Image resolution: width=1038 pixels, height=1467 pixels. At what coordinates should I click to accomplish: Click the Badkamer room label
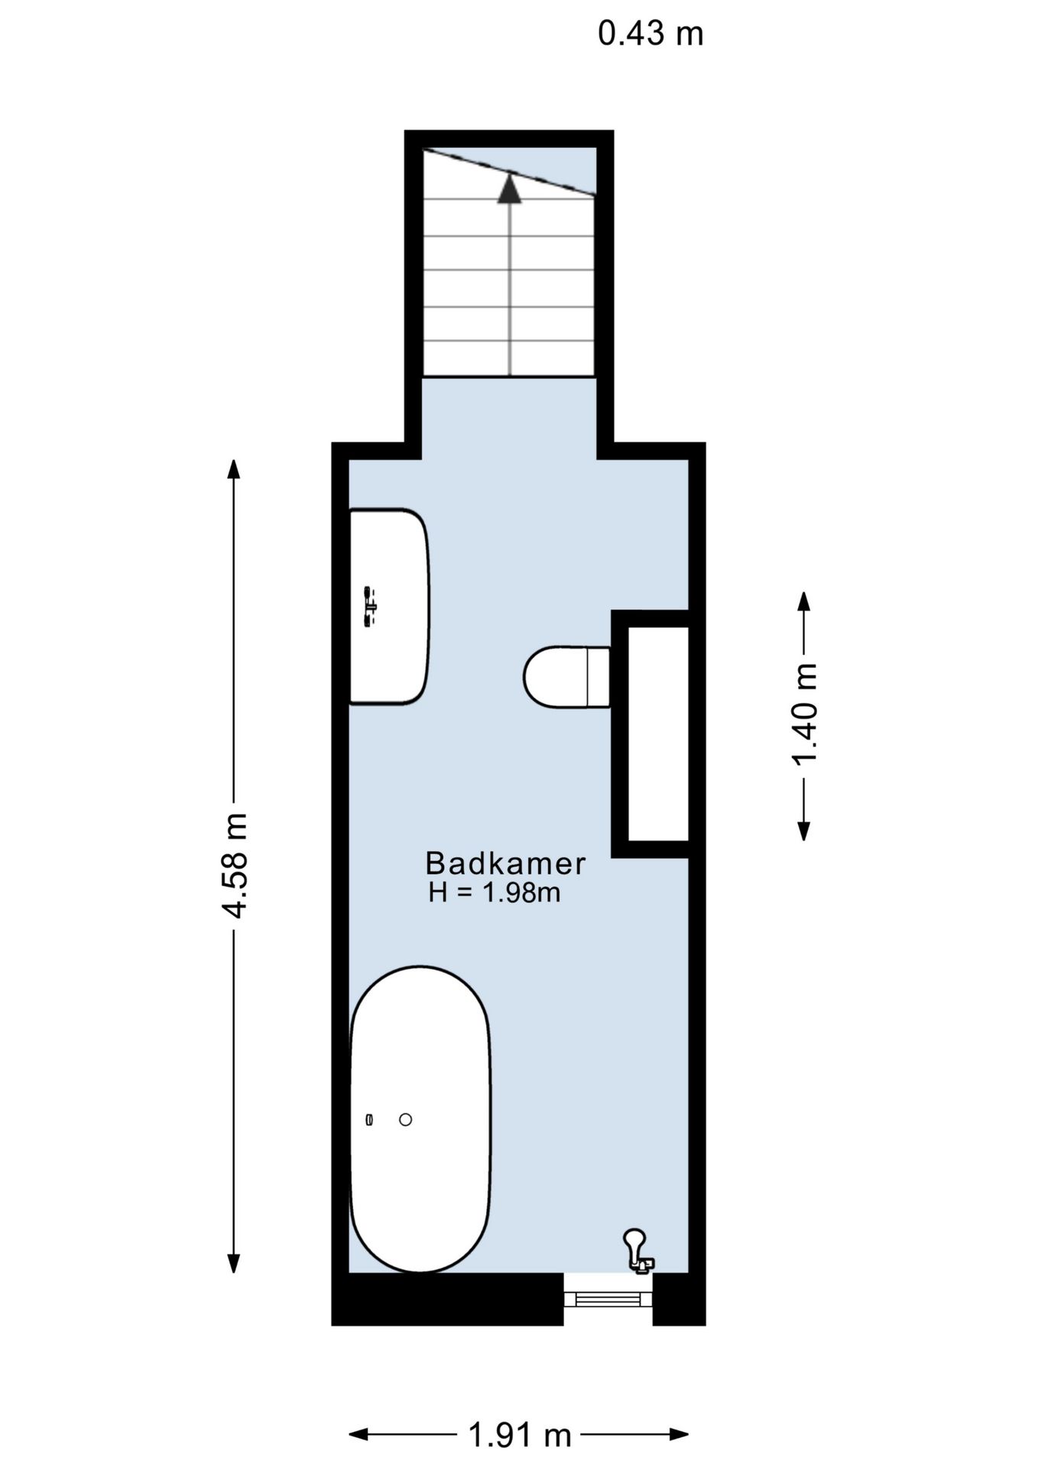[x=505, y=863]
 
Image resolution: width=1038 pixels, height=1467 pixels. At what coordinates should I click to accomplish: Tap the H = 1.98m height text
[x=495, y=892]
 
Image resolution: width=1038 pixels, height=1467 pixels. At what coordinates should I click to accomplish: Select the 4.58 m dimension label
[x=234, y=865]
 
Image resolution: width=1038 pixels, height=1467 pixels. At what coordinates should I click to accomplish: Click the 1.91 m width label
[x=520, y=1436]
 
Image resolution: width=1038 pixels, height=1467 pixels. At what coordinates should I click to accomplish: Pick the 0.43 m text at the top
[x=650, y=34]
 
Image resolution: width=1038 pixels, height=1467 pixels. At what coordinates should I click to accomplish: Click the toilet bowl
[x=556, y=677]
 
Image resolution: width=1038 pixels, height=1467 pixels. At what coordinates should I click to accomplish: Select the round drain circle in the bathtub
[x=406, y=1119]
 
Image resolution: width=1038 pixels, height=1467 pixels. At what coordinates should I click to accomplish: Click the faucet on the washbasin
[x=370, y=607]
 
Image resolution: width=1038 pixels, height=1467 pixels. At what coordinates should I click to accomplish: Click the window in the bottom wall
[x=608, y=1298]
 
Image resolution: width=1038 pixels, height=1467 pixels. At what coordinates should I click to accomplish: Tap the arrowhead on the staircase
[x=509, y=188]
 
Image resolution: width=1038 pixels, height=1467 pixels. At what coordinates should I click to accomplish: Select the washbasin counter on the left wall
[x=389, y=606]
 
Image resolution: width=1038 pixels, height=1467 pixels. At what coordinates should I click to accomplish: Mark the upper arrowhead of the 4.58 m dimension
[x=234, y=469]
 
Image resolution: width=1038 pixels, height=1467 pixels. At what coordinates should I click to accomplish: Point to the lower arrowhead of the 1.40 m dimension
[x=804, y=831]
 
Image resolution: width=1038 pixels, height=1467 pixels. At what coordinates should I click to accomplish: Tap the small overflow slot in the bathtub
[x=370, y=1119]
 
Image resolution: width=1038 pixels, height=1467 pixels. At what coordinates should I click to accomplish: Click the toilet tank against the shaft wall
[x=598, y=677]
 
